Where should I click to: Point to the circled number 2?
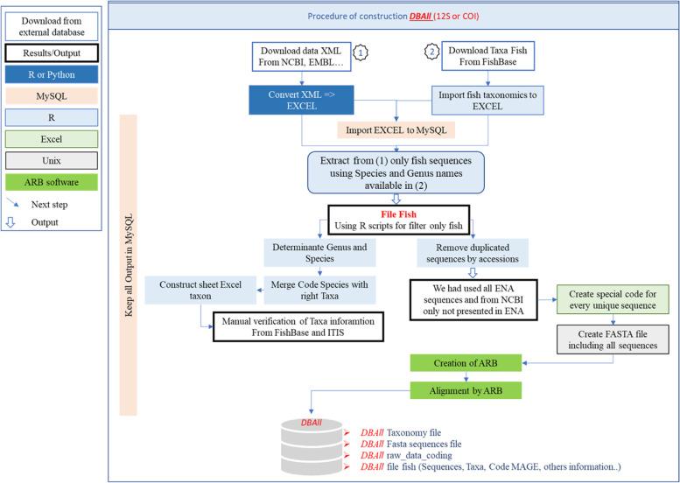pyautogui.click(x=431, y=52)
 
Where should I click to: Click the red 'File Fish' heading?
pyautogui.click(x=397, y=213)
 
